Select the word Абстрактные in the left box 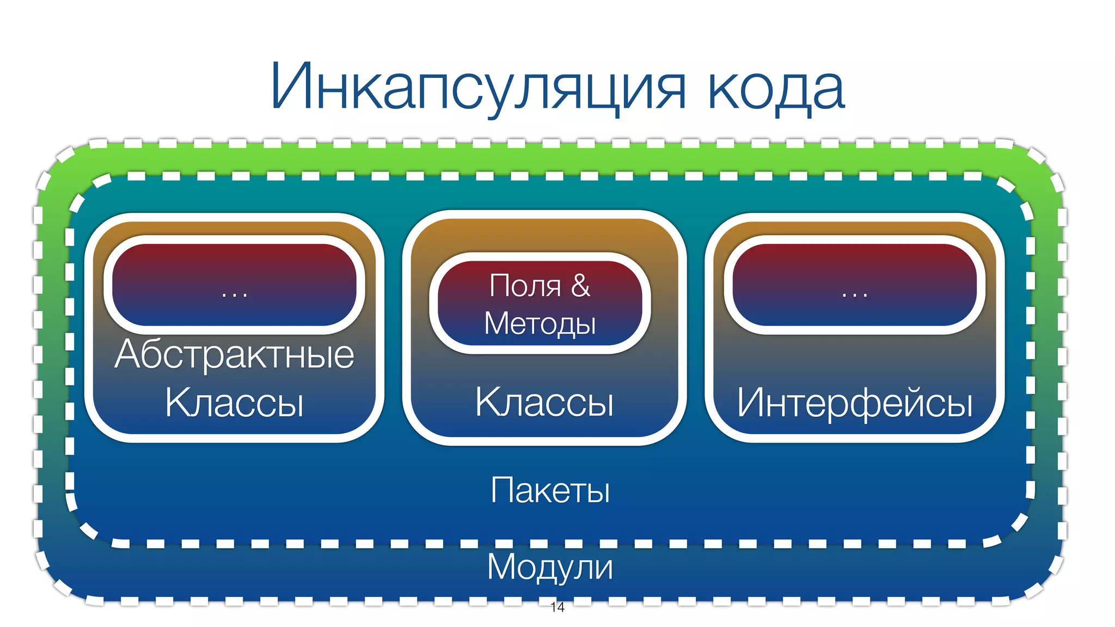[235, 355]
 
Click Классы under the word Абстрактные [235, 403]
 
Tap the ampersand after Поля [580, 285]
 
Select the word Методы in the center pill [540, 324]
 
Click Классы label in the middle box [544, 403]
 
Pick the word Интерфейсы [855, 403]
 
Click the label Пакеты [550, 490]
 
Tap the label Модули [550, 567]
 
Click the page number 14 [557, 607]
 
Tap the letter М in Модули [502, 567]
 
